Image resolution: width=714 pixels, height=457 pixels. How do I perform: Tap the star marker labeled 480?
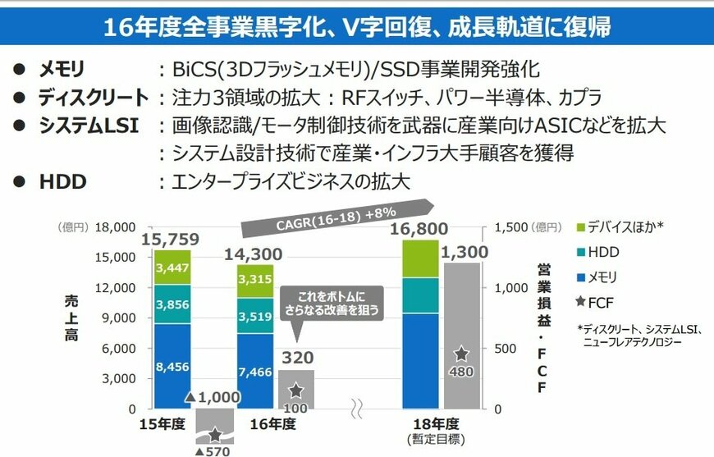click(x=461, y=354)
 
